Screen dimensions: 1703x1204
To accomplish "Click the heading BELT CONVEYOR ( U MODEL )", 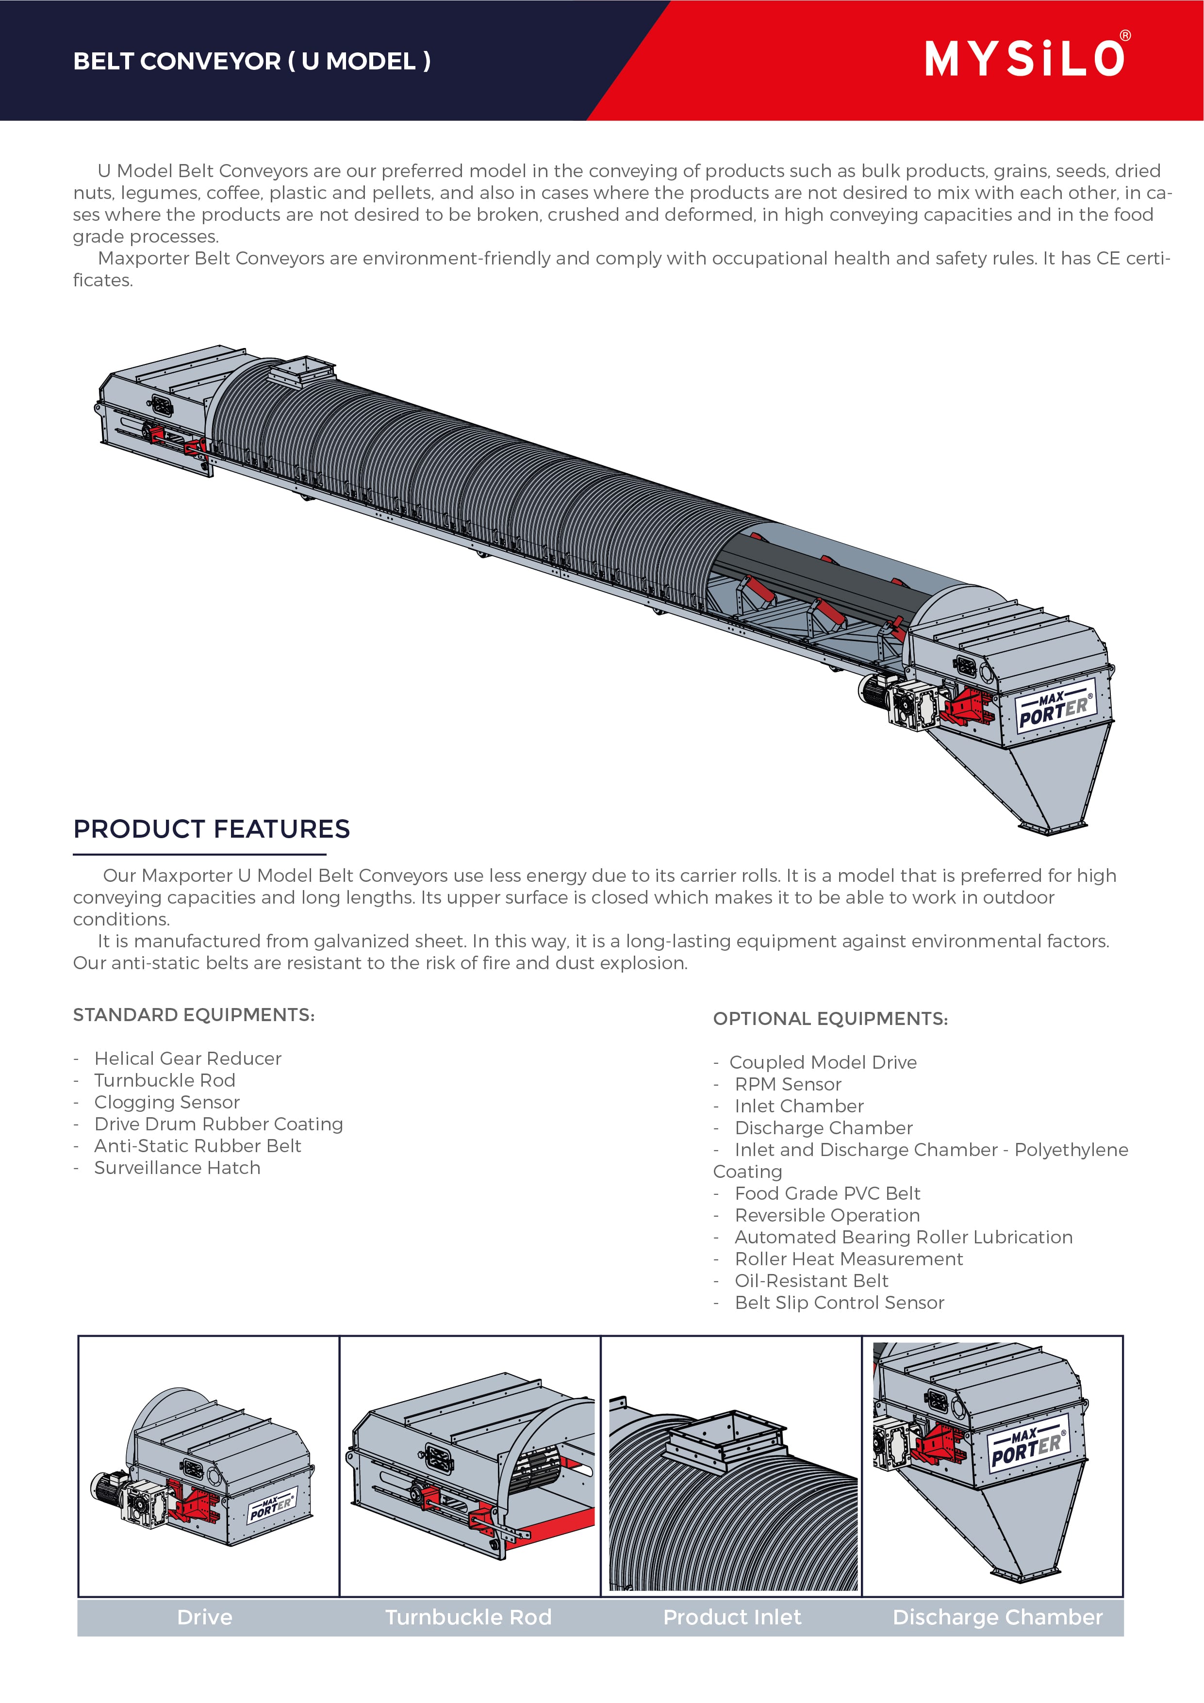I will tap(251, 61).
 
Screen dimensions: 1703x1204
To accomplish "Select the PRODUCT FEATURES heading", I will tap(212, 828).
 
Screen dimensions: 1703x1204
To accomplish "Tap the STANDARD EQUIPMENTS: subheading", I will tap(194, 1015).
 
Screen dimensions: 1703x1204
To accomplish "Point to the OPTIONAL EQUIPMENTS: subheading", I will tap(830, 1018).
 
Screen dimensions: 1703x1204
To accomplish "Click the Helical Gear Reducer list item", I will tap(188, 1058).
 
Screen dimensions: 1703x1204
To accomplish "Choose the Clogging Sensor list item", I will tap(167, 1102).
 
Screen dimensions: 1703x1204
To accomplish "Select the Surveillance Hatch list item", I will tap(177, 1168).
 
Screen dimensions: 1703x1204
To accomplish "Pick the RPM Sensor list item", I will tap(788, 1084).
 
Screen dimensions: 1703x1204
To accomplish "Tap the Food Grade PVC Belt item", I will tap(827, 1193).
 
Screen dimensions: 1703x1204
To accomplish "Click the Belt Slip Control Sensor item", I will tap(839, 1303).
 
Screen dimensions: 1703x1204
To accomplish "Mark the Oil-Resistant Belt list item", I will tap(811, 1281).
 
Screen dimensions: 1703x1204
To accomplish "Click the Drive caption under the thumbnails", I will tap(205, 1617).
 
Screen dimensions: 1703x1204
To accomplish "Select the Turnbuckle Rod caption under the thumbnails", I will tap(468, 1617).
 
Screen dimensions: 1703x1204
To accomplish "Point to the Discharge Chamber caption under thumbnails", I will tap(997, 1617).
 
